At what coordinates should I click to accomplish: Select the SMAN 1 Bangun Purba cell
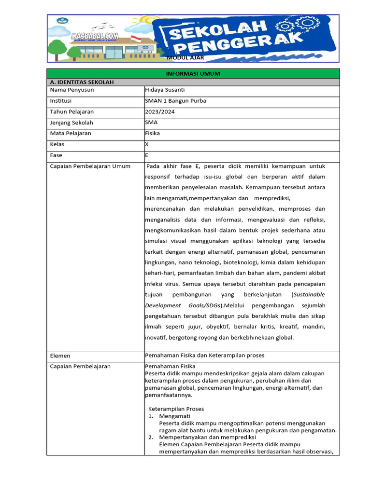(171, 101)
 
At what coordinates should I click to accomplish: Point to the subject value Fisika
(153, 133)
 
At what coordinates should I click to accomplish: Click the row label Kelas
(57, 144)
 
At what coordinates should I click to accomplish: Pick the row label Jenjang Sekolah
(71, 123)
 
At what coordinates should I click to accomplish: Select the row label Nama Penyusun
(72, 90)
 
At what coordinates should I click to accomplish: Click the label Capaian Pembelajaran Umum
(90, 166)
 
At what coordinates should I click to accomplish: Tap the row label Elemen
(60, 356)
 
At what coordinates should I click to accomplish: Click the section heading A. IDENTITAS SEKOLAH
(82, 82)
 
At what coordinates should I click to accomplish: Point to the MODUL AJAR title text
(185, 58)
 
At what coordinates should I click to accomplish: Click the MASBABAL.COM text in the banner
(94, 36)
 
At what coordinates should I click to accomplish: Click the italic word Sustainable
(310, 294)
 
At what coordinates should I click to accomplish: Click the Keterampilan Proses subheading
(176, 409)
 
